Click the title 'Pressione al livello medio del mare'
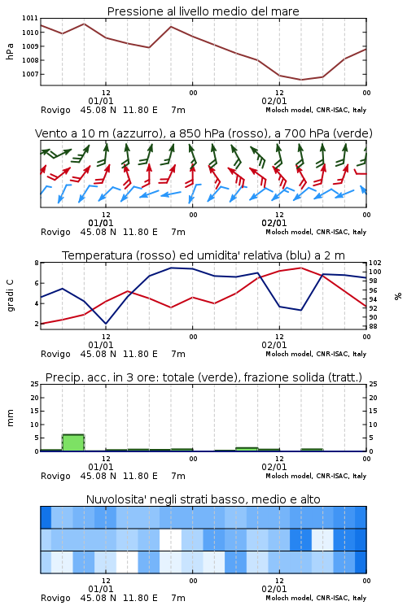pos(203,11)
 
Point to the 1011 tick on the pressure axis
pos(29,18)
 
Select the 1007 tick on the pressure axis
pos(29,74)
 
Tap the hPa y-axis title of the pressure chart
pos(10,51)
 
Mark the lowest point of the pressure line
pos(300,80)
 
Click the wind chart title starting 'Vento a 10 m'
pos(203,133)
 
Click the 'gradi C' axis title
pos(11,296)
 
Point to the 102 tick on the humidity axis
pos(375,263)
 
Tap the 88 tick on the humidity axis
pos(373,326)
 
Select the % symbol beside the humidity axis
pos(398,296)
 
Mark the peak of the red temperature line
pos(300,268)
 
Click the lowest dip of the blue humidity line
pos(106,324)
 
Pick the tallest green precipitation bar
pos(73,442)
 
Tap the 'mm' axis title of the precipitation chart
pos(10,418)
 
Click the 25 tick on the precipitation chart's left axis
pos(34,385)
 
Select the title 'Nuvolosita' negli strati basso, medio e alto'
pos(203,499)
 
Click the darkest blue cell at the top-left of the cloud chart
pos(46,517)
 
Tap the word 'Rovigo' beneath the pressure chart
pos(55,110)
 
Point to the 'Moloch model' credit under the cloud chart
pos(289,598)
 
